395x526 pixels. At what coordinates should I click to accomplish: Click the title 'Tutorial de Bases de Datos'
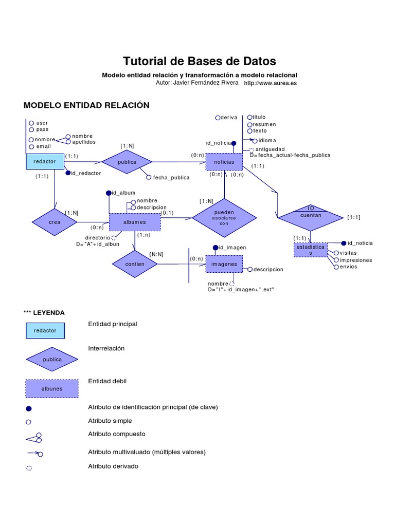200,61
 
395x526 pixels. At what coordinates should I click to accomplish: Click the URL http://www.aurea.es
270,83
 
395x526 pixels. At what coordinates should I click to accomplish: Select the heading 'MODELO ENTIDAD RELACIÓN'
86,105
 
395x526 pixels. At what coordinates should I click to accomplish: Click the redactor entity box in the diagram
45,161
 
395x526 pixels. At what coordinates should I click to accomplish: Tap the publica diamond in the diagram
127,162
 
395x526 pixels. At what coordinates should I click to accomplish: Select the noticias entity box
224,162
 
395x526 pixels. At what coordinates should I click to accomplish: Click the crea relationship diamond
55,222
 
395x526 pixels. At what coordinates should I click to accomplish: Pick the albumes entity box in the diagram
135,222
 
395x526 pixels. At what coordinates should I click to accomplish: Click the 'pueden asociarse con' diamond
224,218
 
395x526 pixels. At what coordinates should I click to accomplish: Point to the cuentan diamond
310,216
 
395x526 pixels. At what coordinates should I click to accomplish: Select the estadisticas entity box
310,250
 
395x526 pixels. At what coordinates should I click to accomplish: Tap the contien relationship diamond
135,264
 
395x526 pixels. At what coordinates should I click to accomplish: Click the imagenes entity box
224,264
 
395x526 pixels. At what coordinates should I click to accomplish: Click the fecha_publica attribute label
171,178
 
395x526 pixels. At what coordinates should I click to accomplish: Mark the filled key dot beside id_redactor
67,173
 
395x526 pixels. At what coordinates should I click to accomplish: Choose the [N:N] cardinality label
156,254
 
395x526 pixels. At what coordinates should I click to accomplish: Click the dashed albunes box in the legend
52,389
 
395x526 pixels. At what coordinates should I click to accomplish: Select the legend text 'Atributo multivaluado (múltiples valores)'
147,452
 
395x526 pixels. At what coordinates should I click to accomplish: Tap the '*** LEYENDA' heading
44,312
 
